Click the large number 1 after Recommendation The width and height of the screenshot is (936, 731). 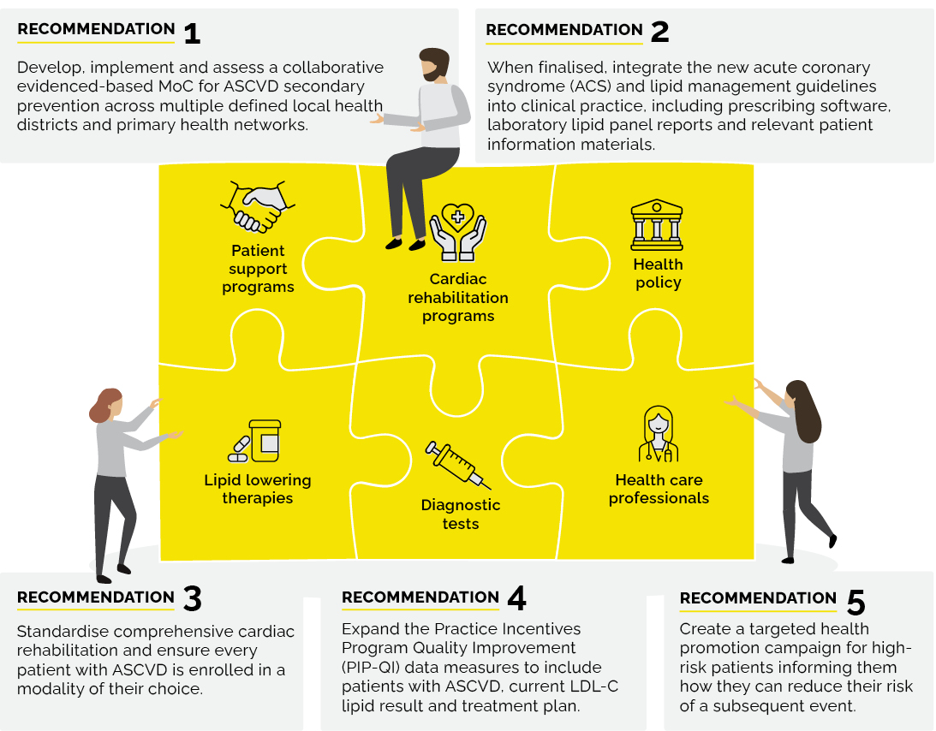point(192,33)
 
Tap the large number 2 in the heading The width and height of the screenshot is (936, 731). point(659,32)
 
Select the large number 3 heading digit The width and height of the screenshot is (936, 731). point(192,598)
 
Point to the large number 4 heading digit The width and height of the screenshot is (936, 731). point(517,598)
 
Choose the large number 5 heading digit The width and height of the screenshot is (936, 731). point(856,602)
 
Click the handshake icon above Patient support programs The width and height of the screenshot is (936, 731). point(258,206)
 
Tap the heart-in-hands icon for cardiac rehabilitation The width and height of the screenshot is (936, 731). point(458,231)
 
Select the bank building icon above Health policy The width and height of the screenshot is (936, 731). point(657,224)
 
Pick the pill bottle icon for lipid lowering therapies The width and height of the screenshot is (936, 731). point(254,441)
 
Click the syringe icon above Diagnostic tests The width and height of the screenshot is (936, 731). point(458,464)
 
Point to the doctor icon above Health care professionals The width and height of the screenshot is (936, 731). point(659,434)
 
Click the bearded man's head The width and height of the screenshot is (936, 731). point(434,64)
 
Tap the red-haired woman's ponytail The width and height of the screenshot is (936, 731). point(97,411)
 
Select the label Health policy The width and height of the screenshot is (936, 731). point(658,273)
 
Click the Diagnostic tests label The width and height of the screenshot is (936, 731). point(460,514)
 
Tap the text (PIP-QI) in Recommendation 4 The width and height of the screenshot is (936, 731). point(371,668)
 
